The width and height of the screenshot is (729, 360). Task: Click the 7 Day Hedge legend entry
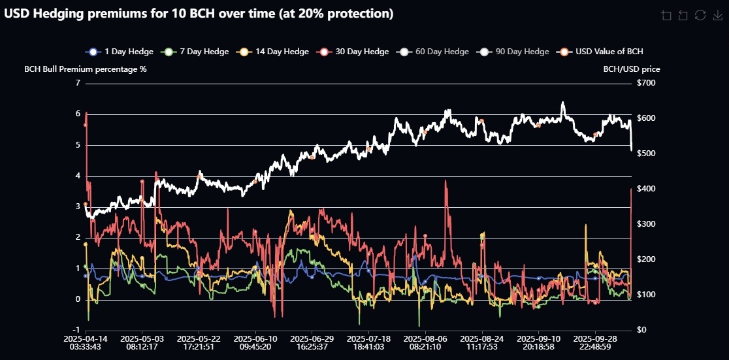pyautogui.click(x=195, y=52)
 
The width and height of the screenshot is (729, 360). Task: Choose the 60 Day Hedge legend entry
pyautogui.click(x=434, y=52)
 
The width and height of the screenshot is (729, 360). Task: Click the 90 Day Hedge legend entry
pyautogui.click(x=513, y=52)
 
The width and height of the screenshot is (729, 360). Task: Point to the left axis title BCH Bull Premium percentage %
pyautogui.click(x=85, y=69)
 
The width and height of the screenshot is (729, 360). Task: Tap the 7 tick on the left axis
pyautogui.click(x=78, y=83)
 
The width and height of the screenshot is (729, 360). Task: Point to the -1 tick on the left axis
pyautogui.click(x=76, y=330)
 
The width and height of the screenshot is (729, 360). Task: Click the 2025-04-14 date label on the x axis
pyautogui.click(x=86, y=342)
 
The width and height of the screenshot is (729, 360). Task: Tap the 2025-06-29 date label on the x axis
pyautogui.click(x=312, y=342)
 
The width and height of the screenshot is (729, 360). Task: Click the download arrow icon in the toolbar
pyautogui.click(x=717, y=15)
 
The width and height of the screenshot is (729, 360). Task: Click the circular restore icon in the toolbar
pyautogui.click(x=700, y=15)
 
